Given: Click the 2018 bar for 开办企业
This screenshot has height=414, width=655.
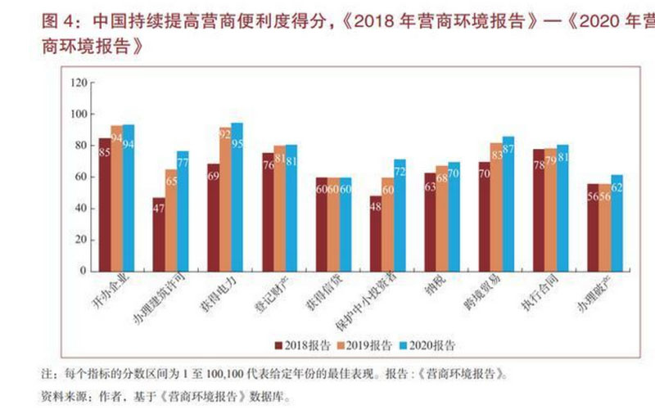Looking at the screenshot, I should tap(105, 205).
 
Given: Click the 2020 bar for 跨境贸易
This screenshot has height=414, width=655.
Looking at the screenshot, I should tap(508, 204).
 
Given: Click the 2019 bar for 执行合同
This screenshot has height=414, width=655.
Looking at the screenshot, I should tap(550, 209).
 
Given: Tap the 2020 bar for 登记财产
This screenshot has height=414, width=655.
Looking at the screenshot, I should tap(291, 208).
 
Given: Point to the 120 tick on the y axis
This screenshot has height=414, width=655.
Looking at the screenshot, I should tap(79, 83).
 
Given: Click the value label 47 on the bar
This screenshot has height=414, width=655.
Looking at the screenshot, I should tap(159, 208).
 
